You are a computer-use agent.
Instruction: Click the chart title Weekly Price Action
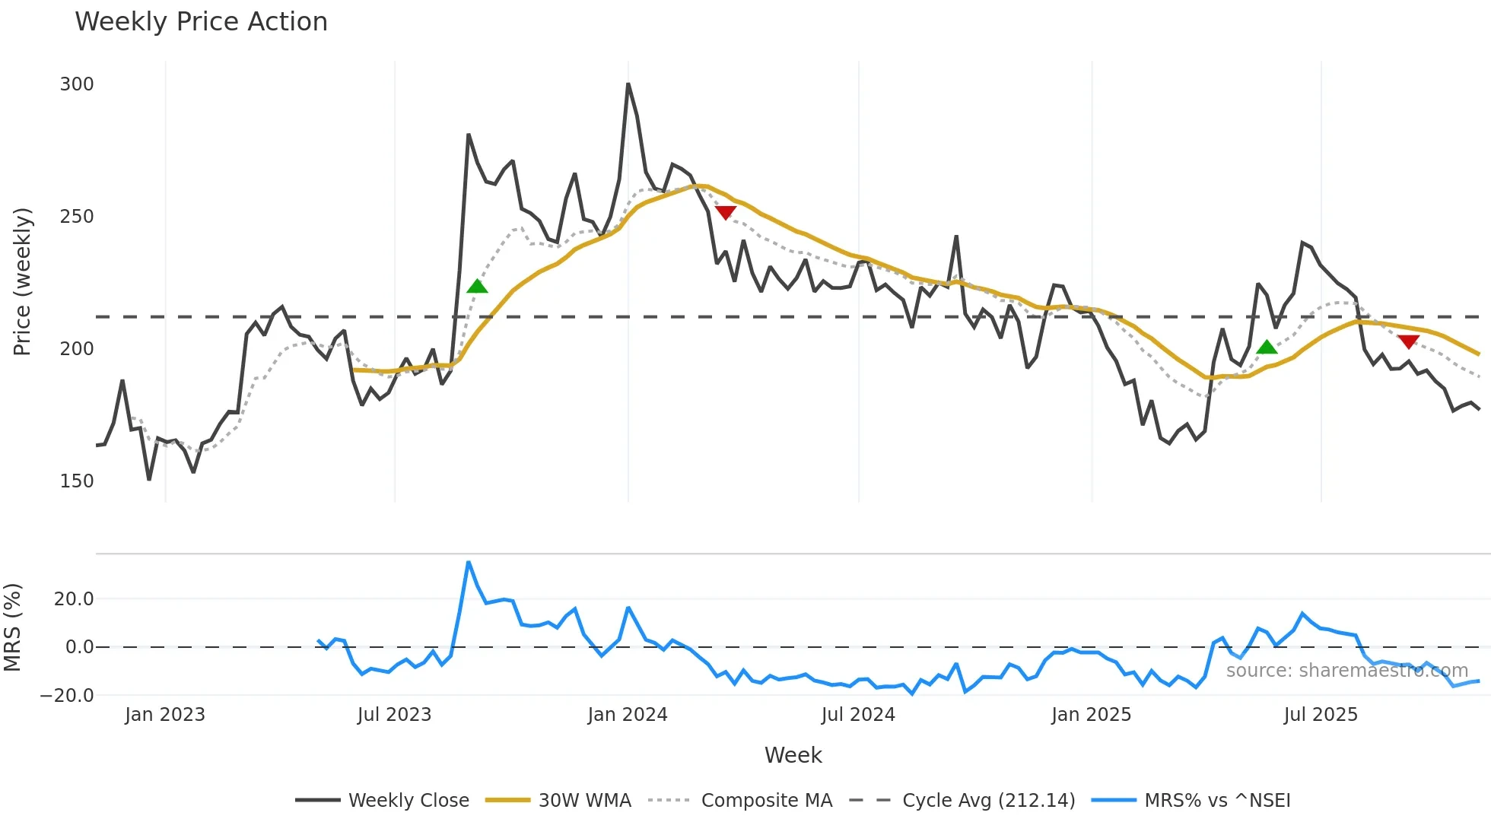click(201, 22)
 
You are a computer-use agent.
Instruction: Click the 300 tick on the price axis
click(77, 84)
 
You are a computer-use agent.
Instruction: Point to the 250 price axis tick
click(77, 217)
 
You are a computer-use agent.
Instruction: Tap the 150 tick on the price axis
click(77, 481)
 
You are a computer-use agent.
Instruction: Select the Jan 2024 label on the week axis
click(628, 715)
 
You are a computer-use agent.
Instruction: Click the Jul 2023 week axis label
click(394, 715)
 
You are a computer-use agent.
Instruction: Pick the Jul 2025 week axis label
click(1321, 715)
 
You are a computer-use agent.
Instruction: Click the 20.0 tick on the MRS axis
click(74, 599)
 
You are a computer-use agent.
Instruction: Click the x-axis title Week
click(793, 755)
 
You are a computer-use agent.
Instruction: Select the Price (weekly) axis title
click(22, 281)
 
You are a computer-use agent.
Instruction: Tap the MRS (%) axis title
click(12, 627)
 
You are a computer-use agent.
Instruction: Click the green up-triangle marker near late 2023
click(477, 287)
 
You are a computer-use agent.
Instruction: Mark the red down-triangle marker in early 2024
click(726, 212)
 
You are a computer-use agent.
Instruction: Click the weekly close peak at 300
click(628, 84)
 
